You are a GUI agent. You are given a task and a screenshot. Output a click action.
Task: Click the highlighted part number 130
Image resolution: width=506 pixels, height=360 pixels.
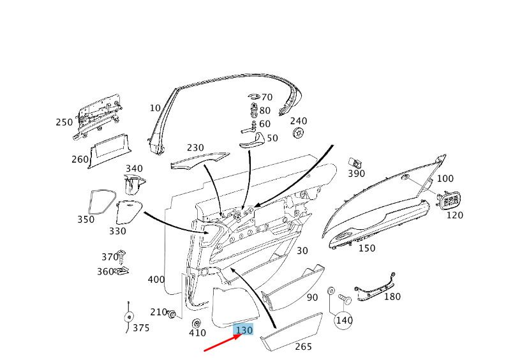pos(244,329)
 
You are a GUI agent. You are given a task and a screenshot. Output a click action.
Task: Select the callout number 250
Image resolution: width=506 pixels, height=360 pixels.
pos(64,123)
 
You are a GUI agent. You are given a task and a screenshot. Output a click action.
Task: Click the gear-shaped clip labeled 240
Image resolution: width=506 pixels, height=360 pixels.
pos(298,133)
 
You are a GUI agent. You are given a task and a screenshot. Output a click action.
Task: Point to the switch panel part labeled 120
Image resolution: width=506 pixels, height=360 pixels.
pos(450,200)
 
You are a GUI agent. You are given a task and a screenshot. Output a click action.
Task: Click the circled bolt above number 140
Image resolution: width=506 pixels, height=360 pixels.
pos(343,299)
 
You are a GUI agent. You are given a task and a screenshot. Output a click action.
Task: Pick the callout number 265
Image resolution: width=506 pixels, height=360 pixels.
pos(303,347)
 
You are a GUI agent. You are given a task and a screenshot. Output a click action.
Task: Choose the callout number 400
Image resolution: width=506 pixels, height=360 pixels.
pos(156,280)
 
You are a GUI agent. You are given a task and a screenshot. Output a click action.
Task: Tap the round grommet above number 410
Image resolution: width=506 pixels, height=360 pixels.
pos(197,321)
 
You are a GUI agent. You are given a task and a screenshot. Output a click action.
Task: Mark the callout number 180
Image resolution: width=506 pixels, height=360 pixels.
pos(392,296)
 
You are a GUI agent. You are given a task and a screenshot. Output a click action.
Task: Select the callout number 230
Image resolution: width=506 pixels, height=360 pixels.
pos(195,147)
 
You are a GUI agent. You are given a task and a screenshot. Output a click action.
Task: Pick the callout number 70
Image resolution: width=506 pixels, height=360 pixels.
pos(266,97)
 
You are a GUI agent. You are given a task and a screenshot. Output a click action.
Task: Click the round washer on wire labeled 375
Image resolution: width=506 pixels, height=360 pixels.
pos(128,317)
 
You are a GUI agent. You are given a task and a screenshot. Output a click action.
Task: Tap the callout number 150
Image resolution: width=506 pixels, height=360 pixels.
pos(366,248)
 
